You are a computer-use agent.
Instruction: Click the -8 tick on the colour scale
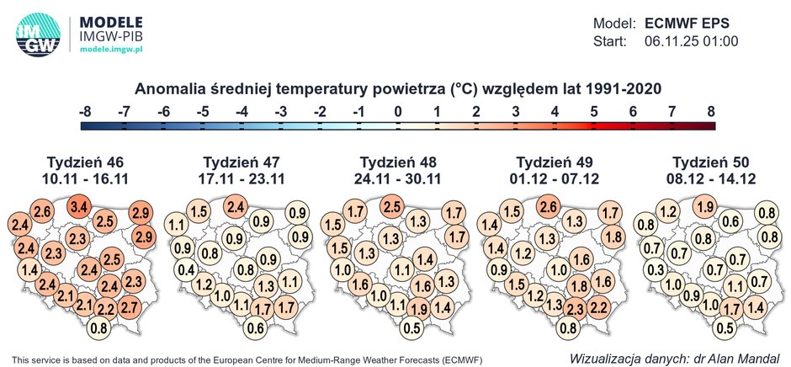[84, 111]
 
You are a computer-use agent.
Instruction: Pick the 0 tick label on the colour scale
[397, 111]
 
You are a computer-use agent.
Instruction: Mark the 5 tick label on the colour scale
[593, 111]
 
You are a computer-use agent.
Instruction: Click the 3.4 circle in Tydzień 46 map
[80, 206]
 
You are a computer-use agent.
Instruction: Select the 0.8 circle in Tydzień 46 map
[99, 327]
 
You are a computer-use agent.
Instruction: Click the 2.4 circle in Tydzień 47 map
[236, 206]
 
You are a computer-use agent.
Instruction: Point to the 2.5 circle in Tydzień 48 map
[391, 206]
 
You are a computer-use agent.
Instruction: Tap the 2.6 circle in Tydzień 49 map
[548, 206]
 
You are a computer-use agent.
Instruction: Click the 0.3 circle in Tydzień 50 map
[655, 269]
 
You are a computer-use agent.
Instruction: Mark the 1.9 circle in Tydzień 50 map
[704, 206]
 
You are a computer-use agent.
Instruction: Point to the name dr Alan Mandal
[736, 357]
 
